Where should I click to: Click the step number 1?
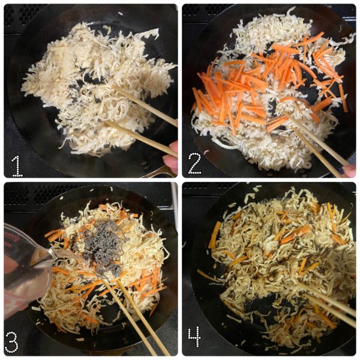17,166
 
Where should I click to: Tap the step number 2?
194,163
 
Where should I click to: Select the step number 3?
11,342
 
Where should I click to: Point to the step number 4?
194,337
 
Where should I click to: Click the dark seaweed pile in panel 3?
103,248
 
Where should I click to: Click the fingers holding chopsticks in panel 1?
171,156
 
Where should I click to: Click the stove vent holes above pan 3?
34,194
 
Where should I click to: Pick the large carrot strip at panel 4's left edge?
214,235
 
